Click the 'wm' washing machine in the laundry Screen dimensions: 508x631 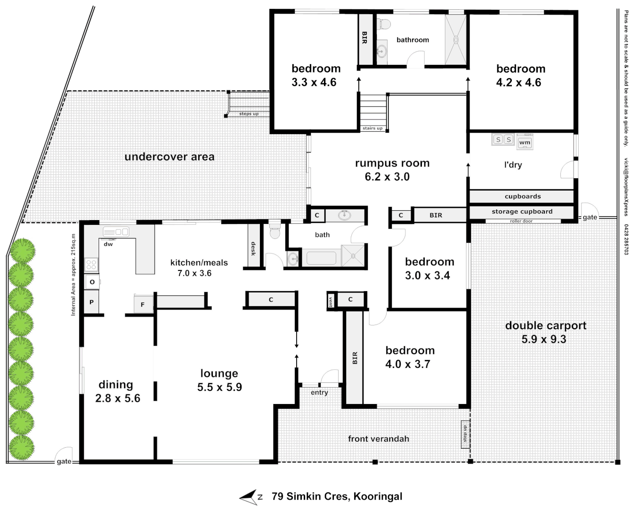click(x=525, y=142)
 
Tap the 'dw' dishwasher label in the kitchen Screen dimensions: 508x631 click(x=108, y=244)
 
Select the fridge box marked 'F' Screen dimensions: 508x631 click(x=143, y=305)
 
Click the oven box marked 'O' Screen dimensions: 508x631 click(x=92, y=282)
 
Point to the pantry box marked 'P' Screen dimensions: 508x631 click(x=92, y=302)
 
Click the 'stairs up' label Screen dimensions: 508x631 click(x=372, y=128)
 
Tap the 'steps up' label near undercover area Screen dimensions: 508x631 click(x=249, y=114)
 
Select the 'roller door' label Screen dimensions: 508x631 click(x=521, y=221)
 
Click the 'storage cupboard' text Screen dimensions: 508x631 click(x=522, y=212)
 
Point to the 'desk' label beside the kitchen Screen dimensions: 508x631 click(x=253, y=248)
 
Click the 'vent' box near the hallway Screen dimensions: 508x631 click(x=331, y=301)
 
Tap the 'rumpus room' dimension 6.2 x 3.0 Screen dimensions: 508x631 click(x=387, y=177)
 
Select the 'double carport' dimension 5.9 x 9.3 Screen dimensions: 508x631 click(x=544, y=339)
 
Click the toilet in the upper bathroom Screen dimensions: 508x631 click(x=384, y=24)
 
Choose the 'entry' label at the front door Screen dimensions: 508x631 click(x=319, y=392)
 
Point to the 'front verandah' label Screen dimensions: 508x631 click(x=378, y=439)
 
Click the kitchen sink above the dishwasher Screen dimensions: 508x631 click(x=116, y=231)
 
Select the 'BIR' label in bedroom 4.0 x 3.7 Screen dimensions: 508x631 click(x=355, y=358)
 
